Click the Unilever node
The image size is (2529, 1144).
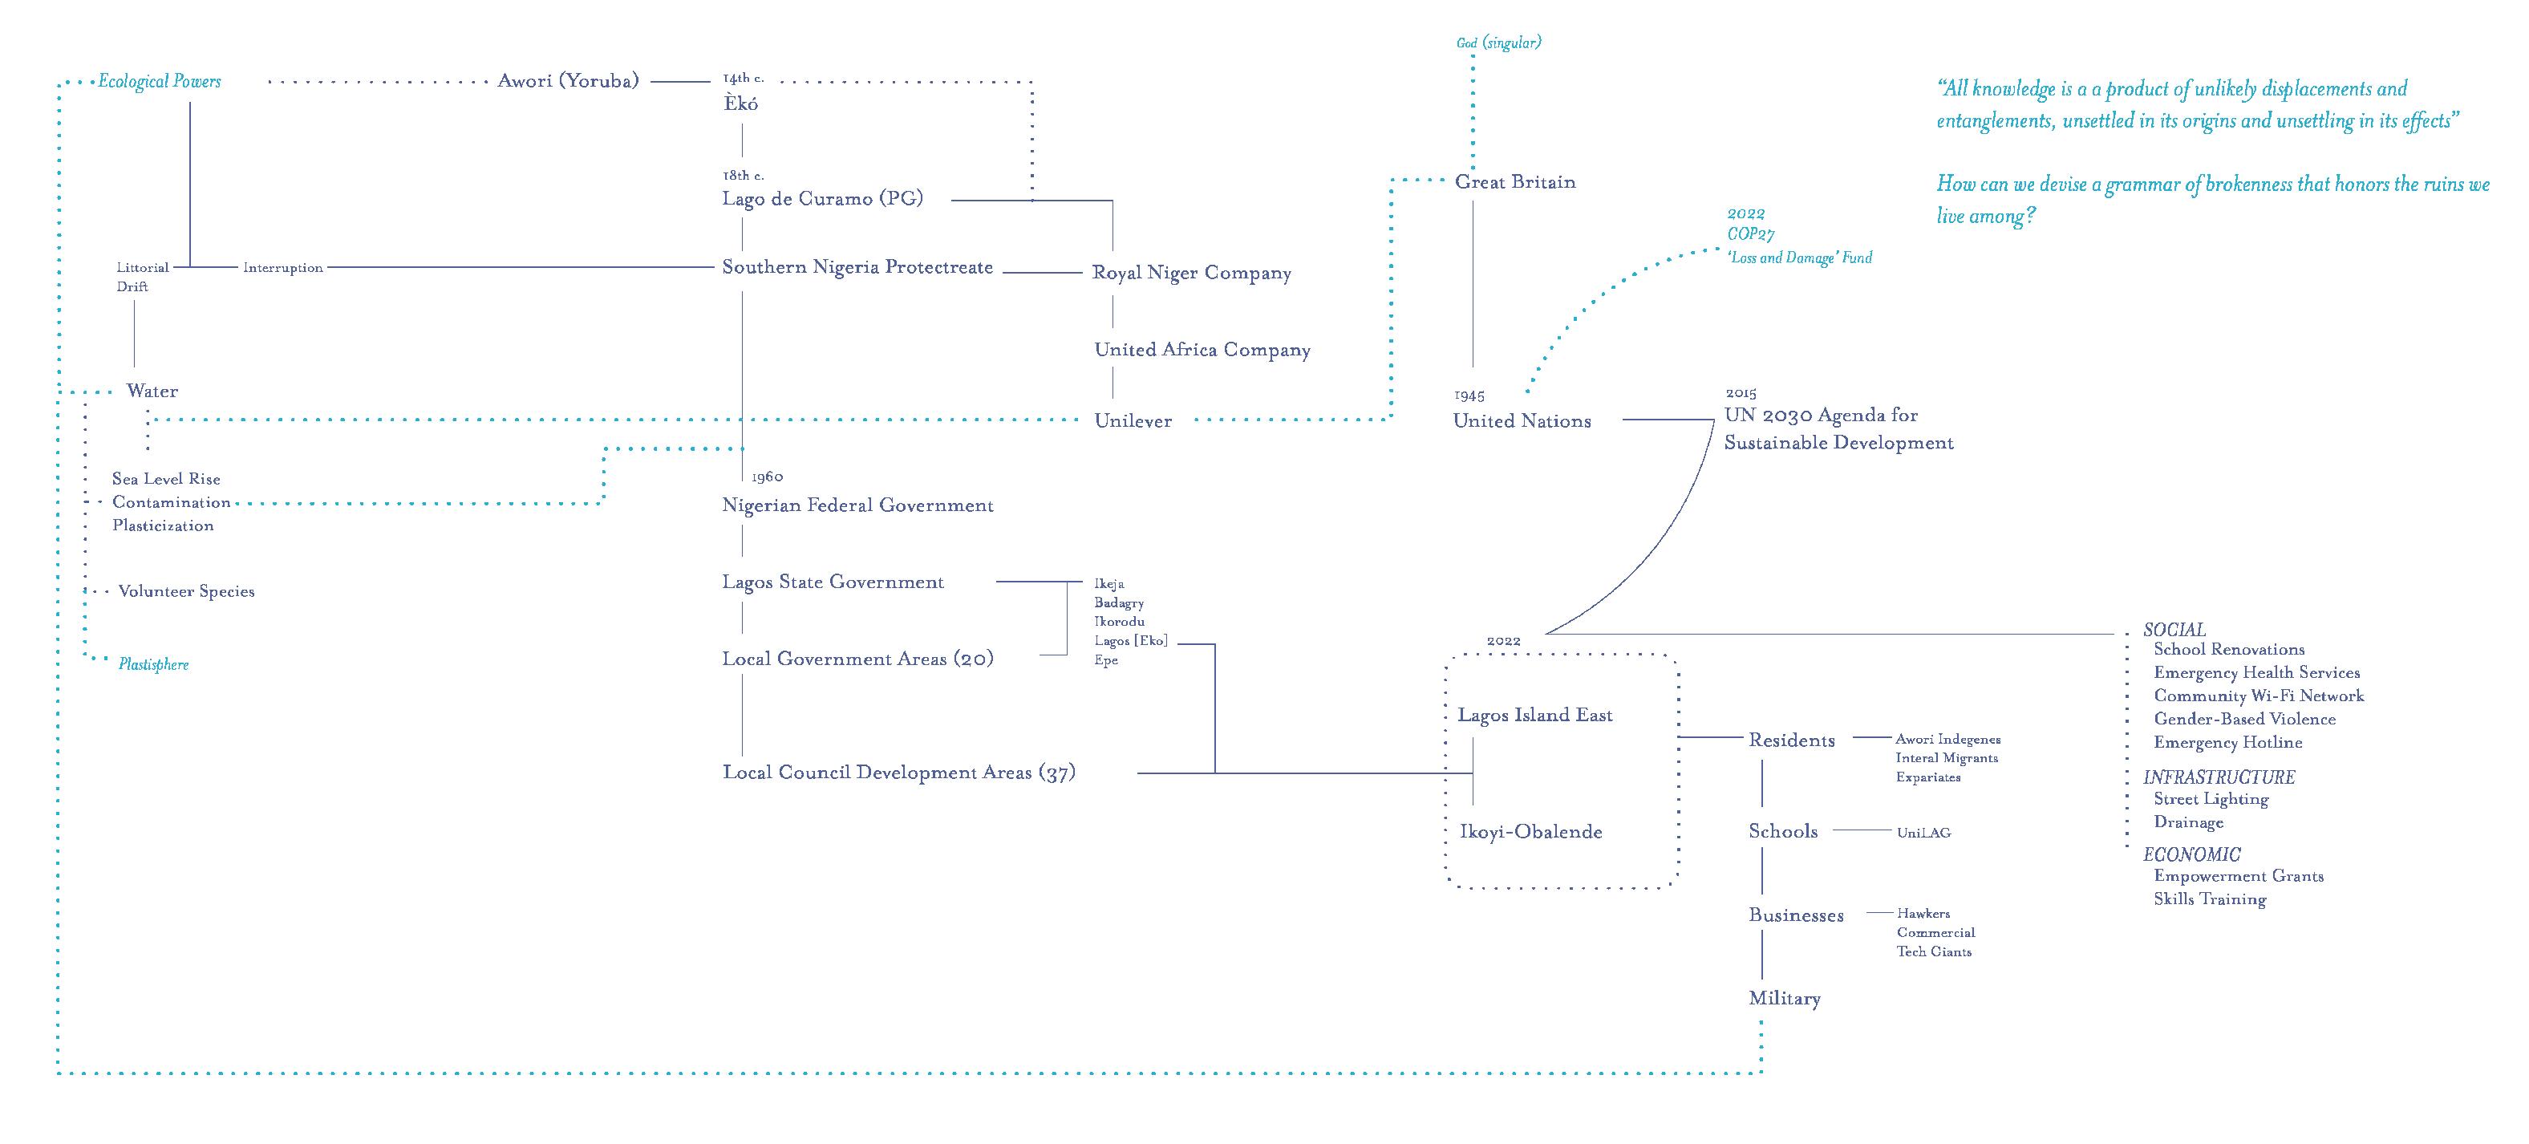click(x=1133, y=421)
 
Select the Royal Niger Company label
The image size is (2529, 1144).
click(x=1192, y=273)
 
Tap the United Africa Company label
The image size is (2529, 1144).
click(x=1202, y=350)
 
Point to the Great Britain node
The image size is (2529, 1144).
click(x=1515, y=181)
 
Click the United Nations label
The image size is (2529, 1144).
click(x=1522, y=421)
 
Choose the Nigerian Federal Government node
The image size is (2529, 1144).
click(x=858, y=505)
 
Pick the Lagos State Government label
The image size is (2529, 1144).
click(x=833, y=582)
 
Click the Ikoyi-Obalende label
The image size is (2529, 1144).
click(x=1530, y=832)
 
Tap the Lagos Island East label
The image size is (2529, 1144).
click(x=1534, y=715)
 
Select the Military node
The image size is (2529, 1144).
click(x=1784, y=999)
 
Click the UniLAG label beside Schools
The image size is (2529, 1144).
click(x=1923, y=833)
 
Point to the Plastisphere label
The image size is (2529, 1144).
click(x=154, y=665)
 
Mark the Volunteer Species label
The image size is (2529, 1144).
click(x=187, y=591)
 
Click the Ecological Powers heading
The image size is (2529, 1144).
click(x=159, y=82)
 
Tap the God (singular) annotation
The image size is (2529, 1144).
click(x=1498, y=43)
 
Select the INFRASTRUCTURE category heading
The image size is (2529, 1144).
click(x=2219, y=777)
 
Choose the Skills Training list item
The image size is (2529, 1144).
click(x=2210, y=899)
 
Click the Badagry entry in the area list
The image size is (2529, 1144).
click(x=1119, y=603)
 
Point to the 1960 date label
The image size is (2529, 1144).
click(x=767, y=477)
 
